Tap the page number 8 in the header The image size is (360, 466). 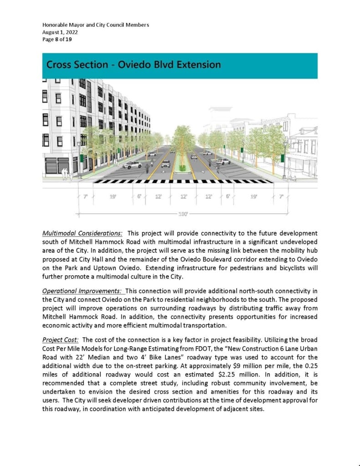tap(56, 40)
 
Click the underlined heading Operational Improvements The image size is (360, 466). tap(82, 291)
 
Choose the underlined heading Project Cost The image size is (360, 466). tap(60, 340)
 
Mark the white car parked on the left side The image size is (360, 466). tap(132, 164)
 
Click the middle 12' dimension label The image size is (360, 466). tap(184, 197)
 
